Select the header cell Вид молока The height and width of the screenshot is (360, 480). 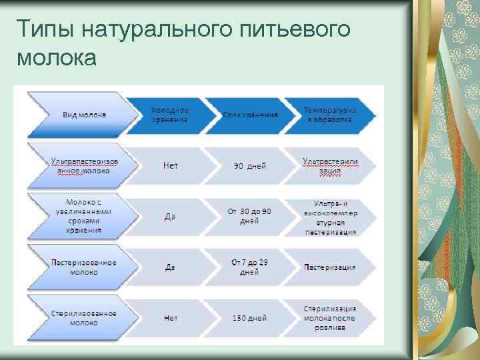pyautogui.click(x=84, y=115)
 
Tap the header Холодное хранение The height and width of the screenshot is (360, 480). pyautogui.click(x=169, y=115)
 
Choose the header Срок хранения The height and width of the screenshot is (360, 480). pyautogui.click(x=250, y=115)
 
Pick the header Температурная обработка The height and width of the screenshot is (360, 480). pyautogui.click(x=329, y=115)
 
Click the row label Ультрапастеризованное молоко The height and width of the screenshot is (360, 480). pyautogui.click(x=84, y=165)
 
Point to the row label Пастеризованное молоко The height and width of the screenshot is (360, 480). pyautogui.click(x=84, y=267)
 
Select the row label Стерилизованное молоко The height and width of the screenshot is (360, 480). pyautogui.click(x=84, y=318)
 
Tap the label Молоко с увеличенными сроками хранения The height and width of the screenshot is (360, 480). pyautogui.click(x=84, y=216)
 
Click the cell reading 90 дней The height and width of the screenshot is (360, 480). pyautogui.click(x=250, y=166)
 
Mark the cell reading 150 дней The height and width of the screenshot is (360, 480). pyautogui.click(x=250, y=319)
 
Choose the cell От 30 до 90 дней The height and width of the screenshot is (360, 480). pyautogui.click(x=250, y=216)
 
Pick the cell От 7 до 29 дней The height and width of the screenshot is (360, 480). pyautogui.click(x=249, y=267)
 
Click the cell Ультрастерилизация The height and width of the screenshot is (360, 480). pyautogui.click(x=329, y=165)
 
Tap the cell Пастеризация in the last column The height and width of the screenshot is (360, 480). pyautogui.click(x=329, y=267)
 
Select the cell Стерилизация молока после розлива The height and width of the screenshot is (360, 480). pyautogui.click(x=329, y=318)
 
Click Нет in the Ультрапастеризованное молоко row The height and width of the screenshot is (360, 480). pyautogui.click(x=171, y=166)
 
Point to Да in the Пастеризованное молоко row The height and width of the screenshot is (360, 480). pyautogui.click(x=171, y=267)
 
